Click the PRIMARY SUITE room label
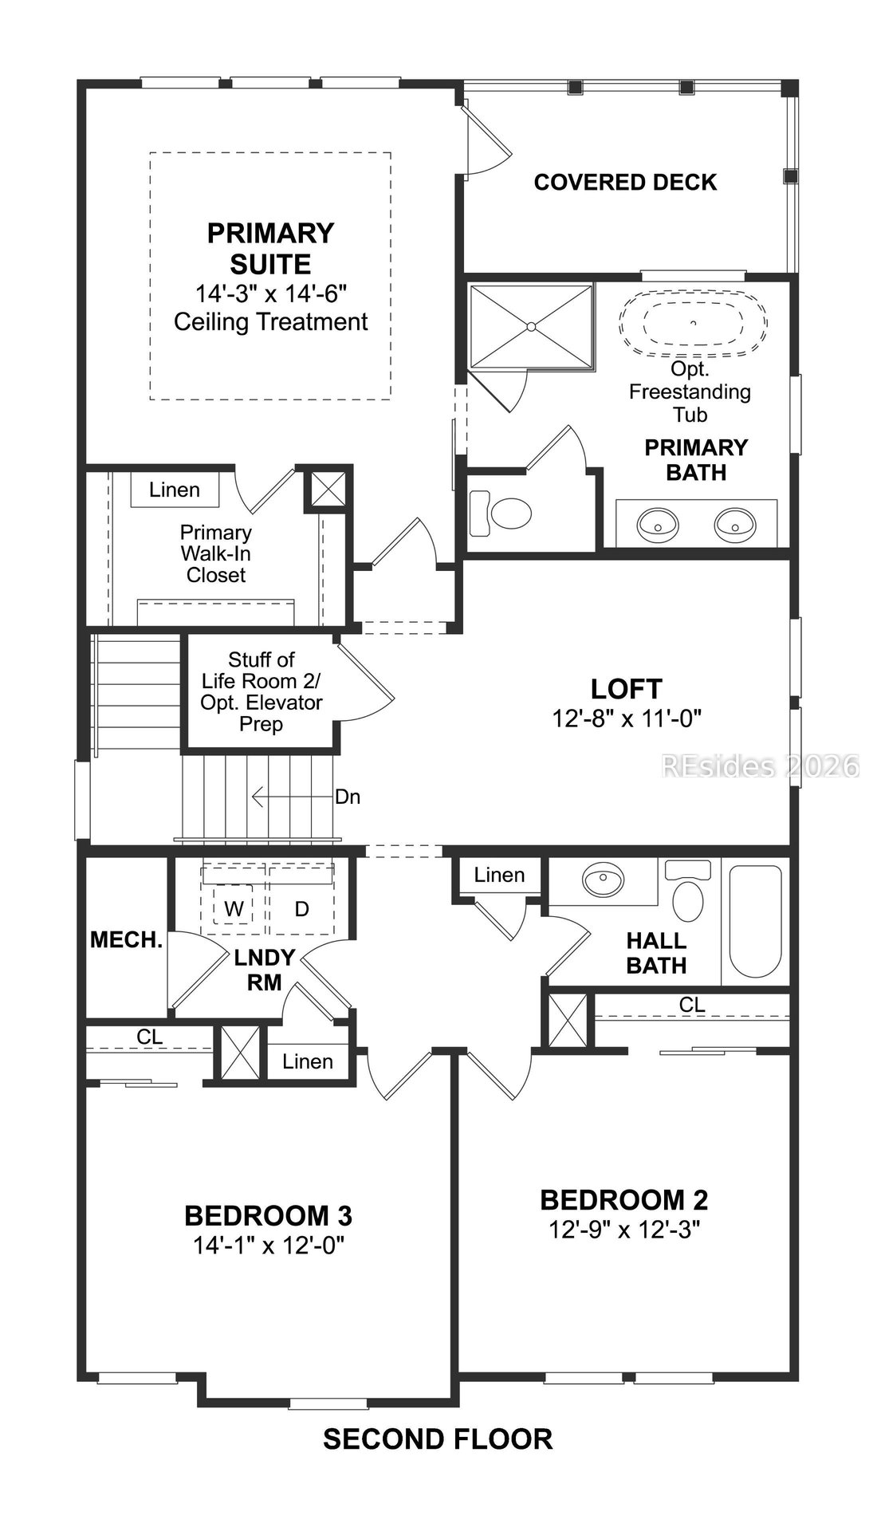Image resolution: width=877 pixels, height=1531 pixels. (270, 248)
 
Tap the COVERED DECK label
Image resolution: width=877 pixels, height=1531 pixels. (625, 183)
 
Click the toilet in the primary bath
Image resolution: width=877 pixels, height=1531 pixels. (501, 514)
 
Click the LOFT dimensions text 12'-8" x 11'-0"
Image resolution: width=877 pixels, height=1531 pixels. (626, 718)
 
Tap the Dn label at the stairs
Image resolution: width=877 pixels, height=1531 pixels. (348, 797)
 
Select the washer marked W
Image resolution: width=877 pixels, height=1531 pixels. (233, 908)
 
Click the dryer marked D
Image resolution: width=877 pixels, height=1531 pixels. (301, 908)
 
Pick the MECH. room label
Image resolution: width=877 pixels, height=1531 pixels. (126, 940)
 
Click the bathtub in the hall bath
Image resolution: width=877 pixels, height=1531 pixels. (756, 922)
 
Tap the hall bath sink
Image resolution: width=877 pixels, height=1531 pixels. (604, 881)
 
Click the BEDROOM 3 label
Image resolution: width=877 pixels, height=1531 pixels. (268, 1215)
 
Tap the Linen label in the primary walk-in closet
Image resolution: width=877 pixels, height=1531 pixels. (175, 490)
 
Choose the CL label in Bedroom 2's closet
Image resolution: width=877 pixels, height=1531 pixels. (692, 1006)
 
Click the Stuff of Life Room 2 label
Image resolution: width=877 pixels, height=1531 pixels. (262, 692)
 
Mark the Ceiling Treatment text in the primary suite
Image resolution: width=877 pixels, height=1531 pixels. (271, 322)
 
